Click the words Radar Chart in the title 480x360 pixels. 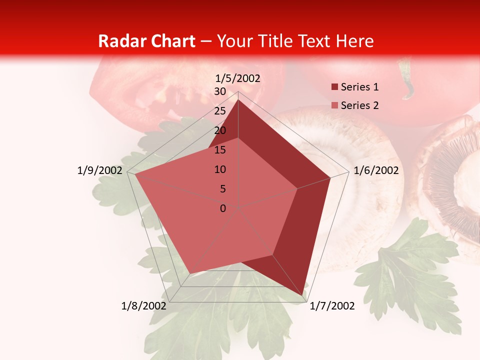pos(146,41)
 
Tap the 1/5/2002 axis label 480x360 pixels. pos(238,78)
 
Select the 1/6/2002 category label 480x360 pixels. pos(376,170)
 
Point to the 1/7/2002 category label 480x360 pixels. pos(332,306)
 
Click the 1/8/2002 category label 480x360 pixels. pos(144,306)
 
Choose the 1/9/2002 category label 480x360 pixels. pos(100,170)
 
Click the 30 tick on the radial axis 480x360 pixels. pos(220,91)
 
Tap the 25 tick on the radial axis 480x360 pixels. pos(220,111)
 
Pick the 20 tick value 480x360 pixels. pos(220,130)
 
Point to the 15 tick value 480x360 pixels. pos(220,150)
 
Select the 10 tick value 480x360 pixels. pos(220,169)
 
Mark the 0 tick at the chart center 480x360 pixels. pos(223,208)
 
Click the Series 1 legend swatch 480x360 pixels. pos(334,87)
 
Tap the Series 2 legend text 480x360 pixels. pos(359,105)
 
